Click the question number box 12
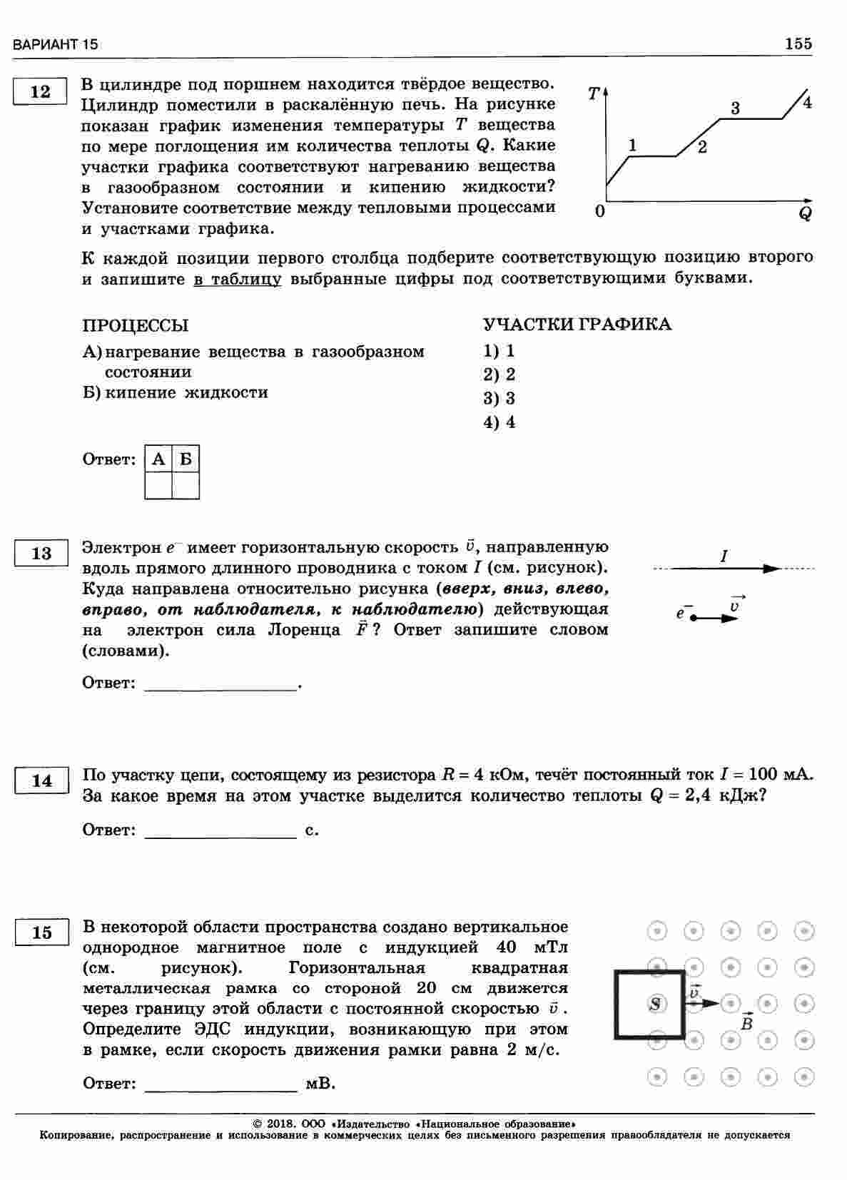(x=41, y=92)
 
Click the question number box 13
(x=41, y=553)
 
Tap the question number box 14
(x=41, y=780)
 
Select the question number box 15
(x=41, y=932)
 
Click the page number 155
(x=798, y=44)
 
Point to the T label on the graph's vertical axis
(x=594, y=93)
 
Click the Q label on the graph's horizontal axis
(x=805, y=213)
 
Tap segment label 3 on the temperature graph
(x=735, y=108)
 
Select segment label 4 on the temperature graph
(x=807, y=102)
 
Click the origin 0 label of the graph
(x=599, y=211)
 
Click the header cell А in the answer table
(x=158, y=459)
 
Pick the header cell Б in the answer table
(x=186, y=459)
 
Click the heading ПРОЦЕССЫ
(x=136, y=325)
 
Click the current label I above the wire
(x=724, y=556)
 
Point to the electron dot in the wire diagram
(x=693, y=618)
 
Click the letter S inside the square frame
(x=655, y=1004)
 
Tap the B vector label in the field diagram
(x=747, y=1024)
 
